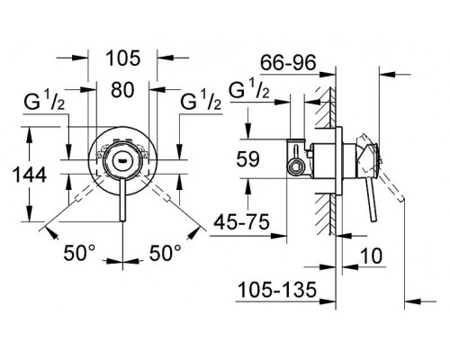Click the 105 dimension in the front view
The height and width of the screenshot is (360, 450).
pyautogui.click(x=123, y=58)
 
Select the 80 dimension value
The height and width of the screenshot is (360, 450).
pyautogui.click(x=122, y=90)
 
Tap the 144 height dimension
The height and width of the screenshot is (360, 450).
pyautogui.click(x=30, y=175)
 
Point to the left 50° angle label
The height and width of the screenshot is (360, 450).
pyautogui.click(x=79, y=252)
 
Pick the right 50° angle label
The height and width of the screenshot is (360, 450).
pyautogui.click(x=166, y=252)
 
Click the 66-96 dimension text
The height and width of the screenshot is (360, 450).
pyautogui.click(x=288, y=63)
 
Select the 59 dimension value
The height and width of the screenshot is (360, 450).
pyautogui.click(x=247, y=159)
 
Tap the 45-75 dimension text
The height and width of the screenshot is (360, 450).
pyautogui.click(x=241, y=222)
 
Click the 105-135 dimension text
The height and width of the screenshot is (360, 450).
pyautogui.click(x=277, y=290)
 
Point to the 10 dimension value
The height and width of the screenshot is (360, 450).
pyautogui.click(x=371, y=256)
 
